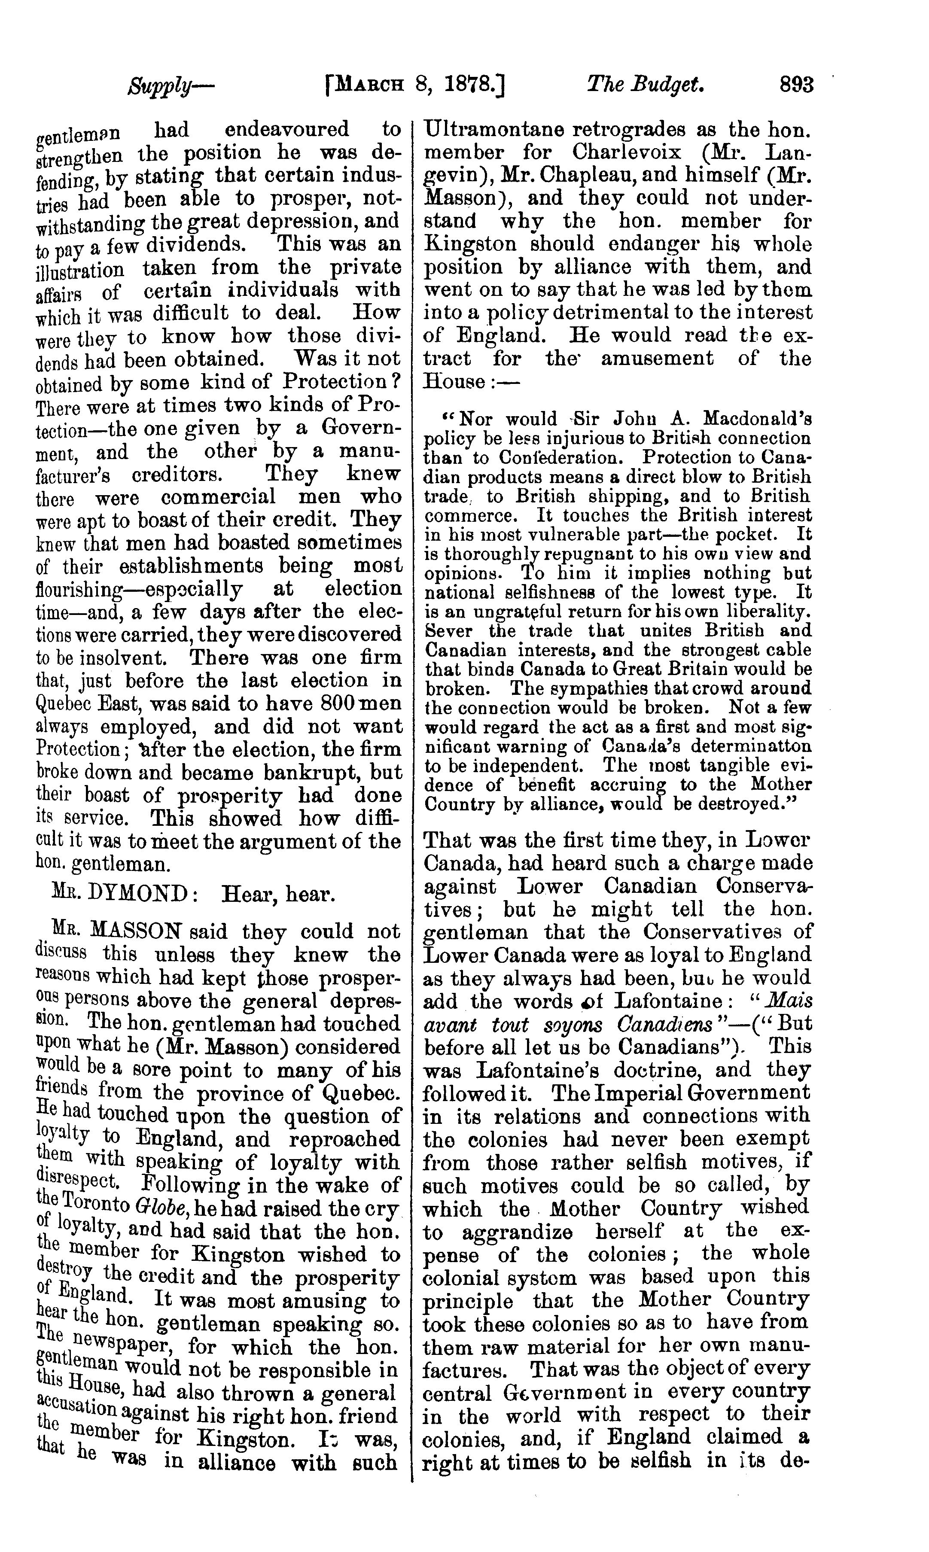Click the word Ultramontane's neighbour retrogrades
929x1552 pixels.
click(622, 130)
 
